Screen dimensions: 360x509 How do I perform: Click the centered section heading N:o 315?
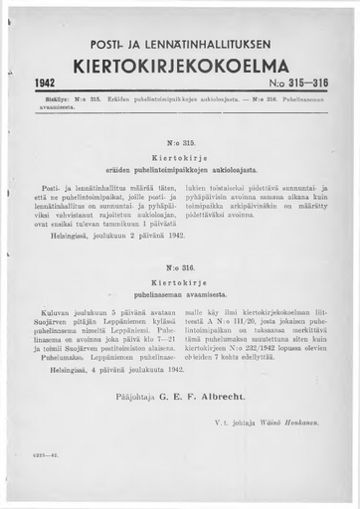click(180, 141)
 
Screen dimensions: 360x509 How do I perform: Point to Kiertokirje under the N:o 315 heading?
click(180, 155)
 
